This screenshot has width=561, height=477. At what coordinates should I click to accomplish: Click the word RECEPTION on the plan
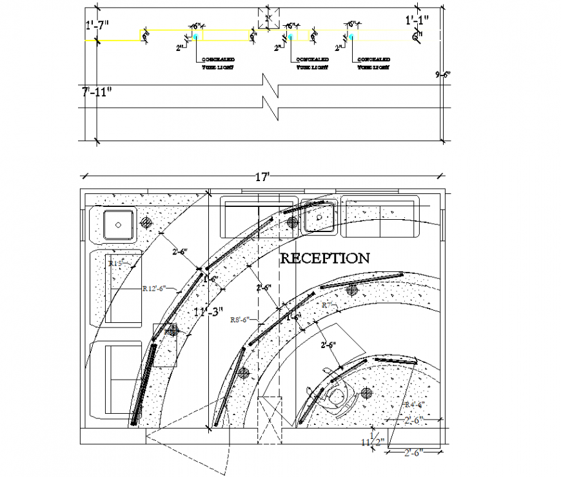[x=325, y=258]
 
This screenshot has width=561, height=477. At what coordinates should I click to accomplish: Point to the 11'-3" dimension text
[x=208, y=312]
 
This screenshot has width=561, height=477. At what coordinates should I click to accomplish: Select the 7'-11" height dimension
[x=97, y=92]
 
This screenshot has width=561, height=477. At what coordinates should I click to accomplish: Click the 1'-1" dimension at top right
[x=417, y=21]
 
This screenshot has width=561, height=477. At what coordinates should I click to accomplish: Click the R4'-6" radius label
[x=413, y=404]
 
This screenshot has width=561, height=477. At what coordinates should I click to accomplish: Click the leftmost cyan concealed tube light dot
[x=194, y=37]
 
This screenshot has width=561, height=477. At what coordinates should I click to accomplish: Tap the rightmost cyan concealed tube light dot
[x=352, y=37]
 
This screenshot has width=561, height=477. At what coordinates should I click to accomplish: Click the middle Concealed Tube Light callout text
[x=312, y=63]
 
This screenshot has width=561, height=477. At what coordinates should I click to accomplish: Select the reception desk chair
[x=337, y=396]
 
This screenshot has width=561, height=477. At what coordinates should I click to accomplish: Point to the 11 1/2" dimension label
[x=373, y=442]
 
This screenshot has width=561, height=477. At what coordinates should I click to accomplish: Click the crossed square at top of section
[x=269, y=19]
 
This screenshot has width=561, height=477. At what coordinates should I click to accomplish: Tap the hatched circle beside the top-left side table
[x=147, y=223]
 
